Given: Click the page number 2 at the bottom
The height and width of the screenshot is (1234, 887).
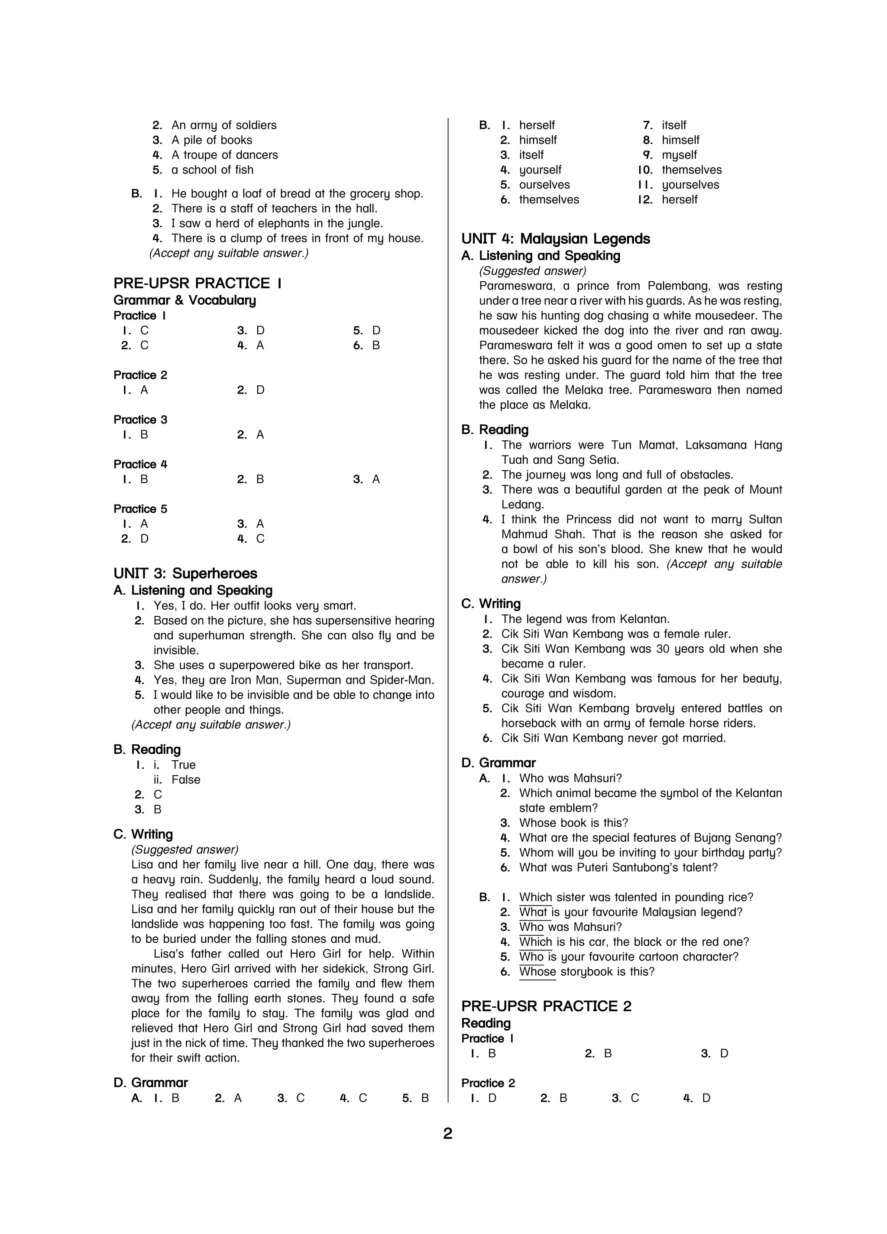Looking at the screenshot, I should pyautogui.click(x=447, y=1134).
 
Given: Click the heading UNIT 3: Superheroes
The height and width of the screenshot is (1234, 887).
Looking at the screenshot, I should pyautogui.click(x=185, y=573).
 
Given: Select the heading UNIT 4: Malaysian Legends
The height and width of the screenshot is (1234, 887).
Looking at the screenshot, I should pyautogui.click(x=555, y=239).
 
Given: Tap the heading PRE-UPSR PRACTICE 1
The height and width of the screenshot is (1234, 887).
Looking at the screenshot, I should pyautogui.click(x=197, y=283).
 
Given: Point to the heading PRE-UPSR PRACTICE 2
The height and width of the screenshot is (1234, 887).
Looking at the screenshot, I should pyautogui.click(x=546, y=1006).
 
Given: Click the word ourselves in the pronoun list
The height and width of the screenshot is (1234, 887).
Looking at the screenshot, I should pyautogui.click(x=544, y=185).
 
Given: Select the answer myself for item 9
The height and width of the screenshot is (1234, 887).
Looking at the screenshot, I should pyautogui.click(x=679, y=155).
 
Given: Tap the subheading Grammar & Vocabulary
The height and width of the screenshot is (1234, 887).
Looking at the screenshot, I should pyautogui.click(x=185, y=300).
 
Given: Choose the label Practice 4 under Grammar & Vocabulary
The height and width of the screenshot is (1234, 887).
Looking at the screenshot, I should pyautogui.click(x=140, y=464).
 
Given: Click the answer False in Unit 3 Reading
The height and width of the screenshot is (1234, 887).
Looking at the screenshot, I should pyautogui.click(x=185, y=780).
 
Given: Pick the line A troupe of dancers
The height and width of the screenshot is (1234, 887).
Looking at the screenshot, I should pyautogui.click(x=225, y=155).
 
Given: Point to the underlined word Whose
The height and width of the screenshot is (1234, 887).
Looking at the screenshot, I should pyautogui.click(x=537, y=972).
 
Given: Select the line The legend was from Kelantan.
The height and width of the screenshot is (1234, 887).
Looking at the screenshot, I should pyautogui.click(x=585, y=619).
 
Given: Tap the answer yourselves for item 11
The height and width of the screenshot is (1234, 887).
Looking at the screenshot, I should pyautogui.click(x=690, y=185).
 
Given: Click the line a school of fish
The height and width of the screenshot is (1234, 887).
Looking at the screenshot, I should pyautogui.click(x=212, y=170).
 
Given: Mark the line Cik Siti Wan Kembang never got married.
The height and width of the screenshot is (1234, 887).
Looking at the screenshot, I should pyautogui.click(x=613, y=738).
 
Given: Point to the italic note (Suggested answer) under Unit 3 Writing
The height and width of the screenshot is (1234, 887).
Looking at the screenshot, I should pyautogui.click(x=185, y=850).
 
